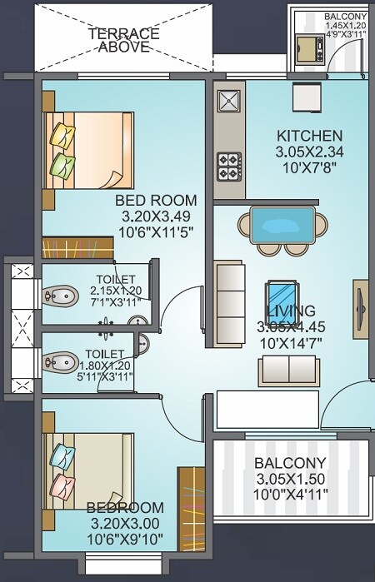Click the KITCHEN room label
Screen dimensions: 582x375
[x=309, y=136]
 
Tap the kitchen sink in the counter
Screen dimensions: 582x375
[x=227, y=102]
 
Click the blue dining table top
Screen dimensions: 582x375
[x=282, y=222]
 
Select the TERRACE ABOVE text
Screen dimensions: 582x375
[x=124, y=40]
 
